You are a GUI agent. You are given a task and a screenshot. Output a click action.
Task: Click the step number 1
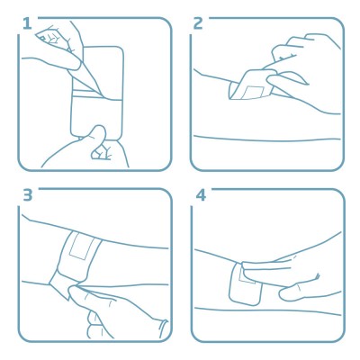27,23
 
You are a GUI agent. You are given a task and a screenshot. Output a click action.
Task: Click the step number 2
198,23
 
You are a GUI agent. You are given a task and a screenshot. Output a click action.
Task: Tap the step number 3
27,194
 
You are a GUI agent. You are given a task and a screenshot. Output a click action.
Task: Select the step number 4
201,194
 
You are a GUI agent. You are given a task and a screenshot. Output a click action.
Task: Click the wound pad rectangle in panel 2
252,92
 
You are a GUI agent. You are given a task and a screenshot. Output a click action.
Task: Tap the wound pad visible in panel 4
247,275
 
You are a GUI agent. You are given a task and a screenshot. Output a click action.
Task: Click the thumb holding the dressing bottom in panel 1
98,134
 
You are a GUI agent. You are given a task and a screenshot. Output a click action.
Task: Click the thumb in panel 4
297,291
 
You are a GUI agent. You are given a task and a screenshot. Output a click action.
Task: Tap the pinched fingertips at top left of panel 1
51,37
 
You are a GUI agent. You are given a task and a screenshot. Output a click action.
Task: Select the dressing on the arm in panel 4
246,283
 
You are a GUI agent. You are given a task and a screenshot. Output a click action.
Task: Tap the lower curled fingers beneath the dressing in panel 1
101,151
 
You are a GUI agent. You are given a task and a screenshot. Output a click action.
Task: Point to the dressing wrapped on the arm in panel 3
79,255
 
